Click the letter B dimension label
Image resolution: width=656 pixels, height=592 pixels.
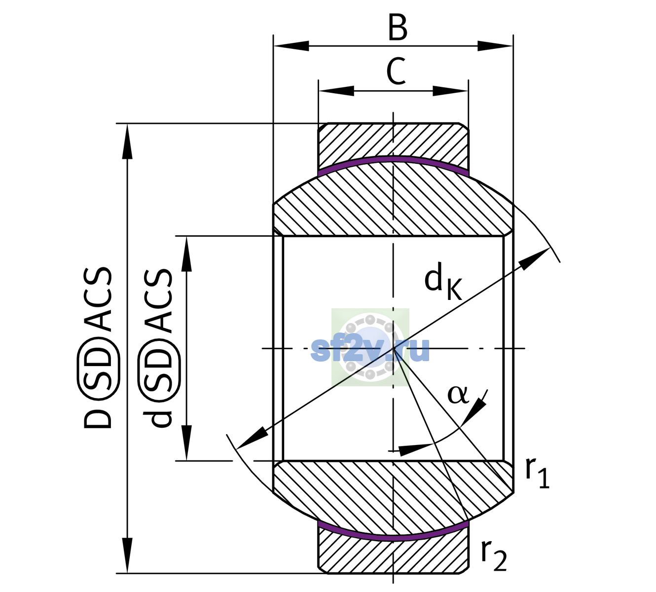(398, 27)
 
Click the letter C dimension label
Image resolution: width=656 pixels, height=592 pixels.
(396, 71)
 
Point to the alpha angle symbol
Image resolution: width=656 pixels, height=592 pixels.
(458, 395)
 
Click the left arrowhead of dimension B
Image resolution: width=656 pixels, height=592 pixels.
(291, 46)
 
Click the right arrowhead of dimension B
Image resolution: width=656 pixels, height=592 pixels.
(495, 46)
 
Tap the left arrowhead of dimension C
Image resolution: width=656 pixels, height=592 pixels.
(336, 91)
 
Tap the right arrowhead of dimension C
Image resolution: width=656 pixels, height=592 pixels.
(451, 91)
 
